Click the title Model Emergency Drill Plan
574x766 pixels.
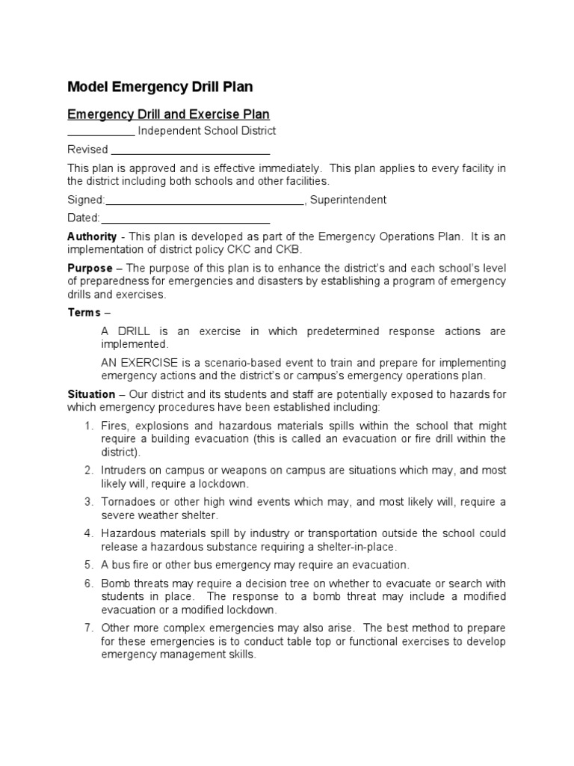click(160, 87)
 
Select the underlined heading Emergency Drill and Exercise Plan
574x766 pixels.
click(168, 114)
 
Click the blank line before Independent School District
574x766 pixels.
click(101, 132)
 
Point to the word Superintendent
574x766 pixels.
click(348, 200)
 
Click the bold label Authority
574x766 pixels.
click(92, 236)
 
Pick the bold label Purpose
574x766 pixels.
click(90, 268)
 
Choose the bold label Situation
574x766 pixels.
click(91, 393)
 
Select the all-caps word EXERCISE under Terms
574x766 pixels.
click(149, 362)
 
